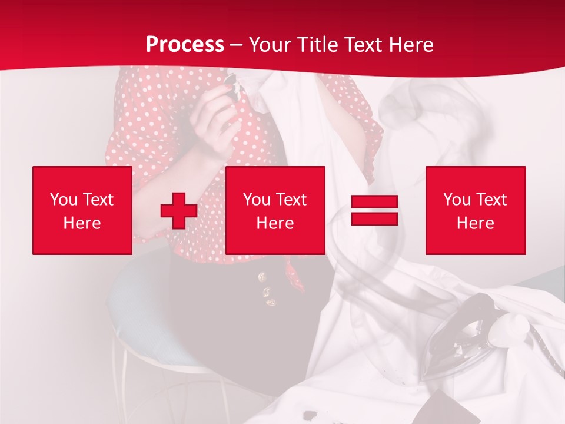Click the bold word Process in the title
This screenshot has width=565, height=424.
point(185,45)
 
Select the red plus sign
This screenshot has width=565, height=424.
point(178,210)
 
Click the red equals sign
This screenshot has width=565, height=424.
point(374,210)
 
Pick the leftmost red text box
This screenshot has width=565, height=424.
point(82,210)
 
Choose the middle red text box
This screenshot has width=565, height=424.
point(275,210)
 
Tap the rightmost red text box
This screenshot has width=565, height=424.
point(476,210)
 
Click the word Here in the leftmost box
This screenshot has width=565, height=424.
point(82,223)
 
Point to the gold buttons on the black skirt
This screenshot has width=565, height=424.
point(268,291)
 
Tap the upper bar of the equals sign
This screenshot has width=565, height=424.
point(374,202)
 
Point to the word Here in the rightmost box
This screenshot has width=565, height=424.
point(476,223)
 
